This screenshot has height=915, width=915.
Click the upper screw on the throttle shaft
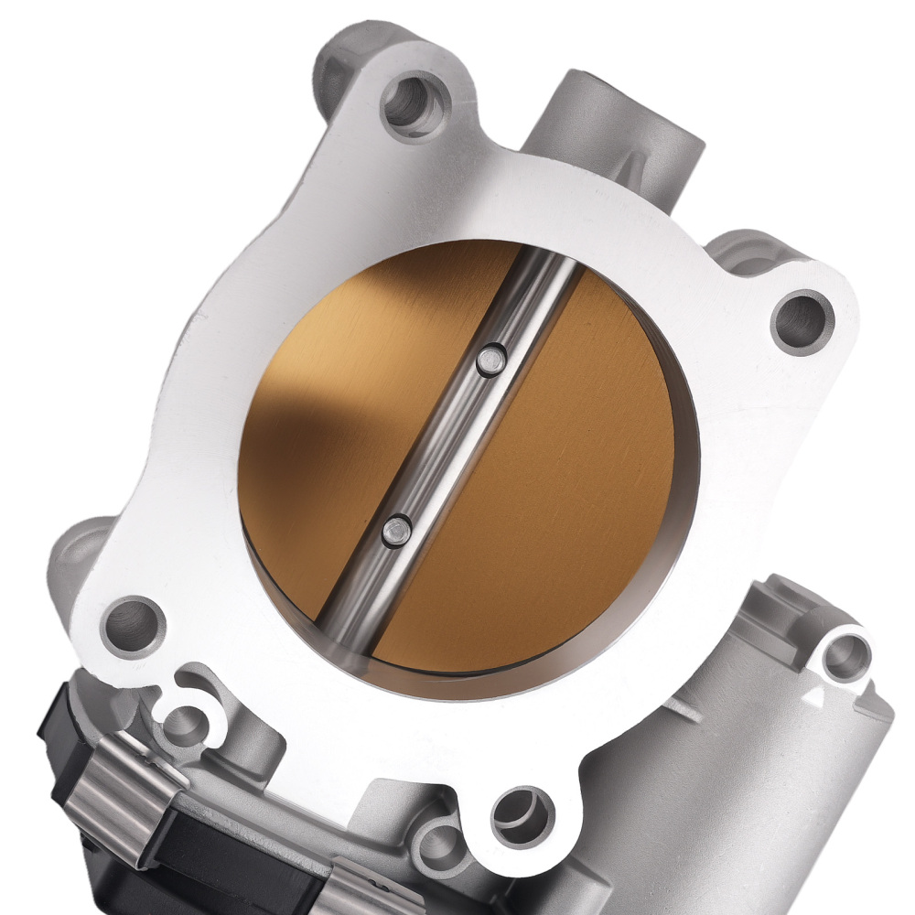coord(490,361)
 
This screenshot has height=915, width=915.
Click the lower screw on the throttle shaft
coord(396,530)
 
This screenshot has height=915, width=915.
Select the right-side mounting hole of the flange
coord(802,320)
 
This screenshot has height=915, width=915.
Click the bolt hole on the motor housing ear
coord(844,655)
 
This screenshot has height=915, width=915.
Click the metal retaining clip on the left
coord(119,787)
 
